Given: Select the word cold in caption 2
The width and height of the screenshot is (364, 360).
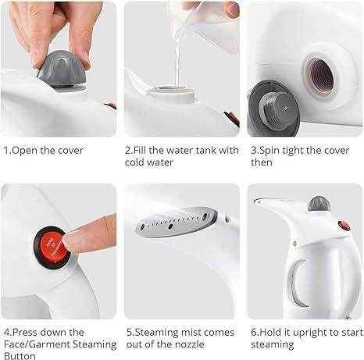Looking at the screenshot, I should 138,162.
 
